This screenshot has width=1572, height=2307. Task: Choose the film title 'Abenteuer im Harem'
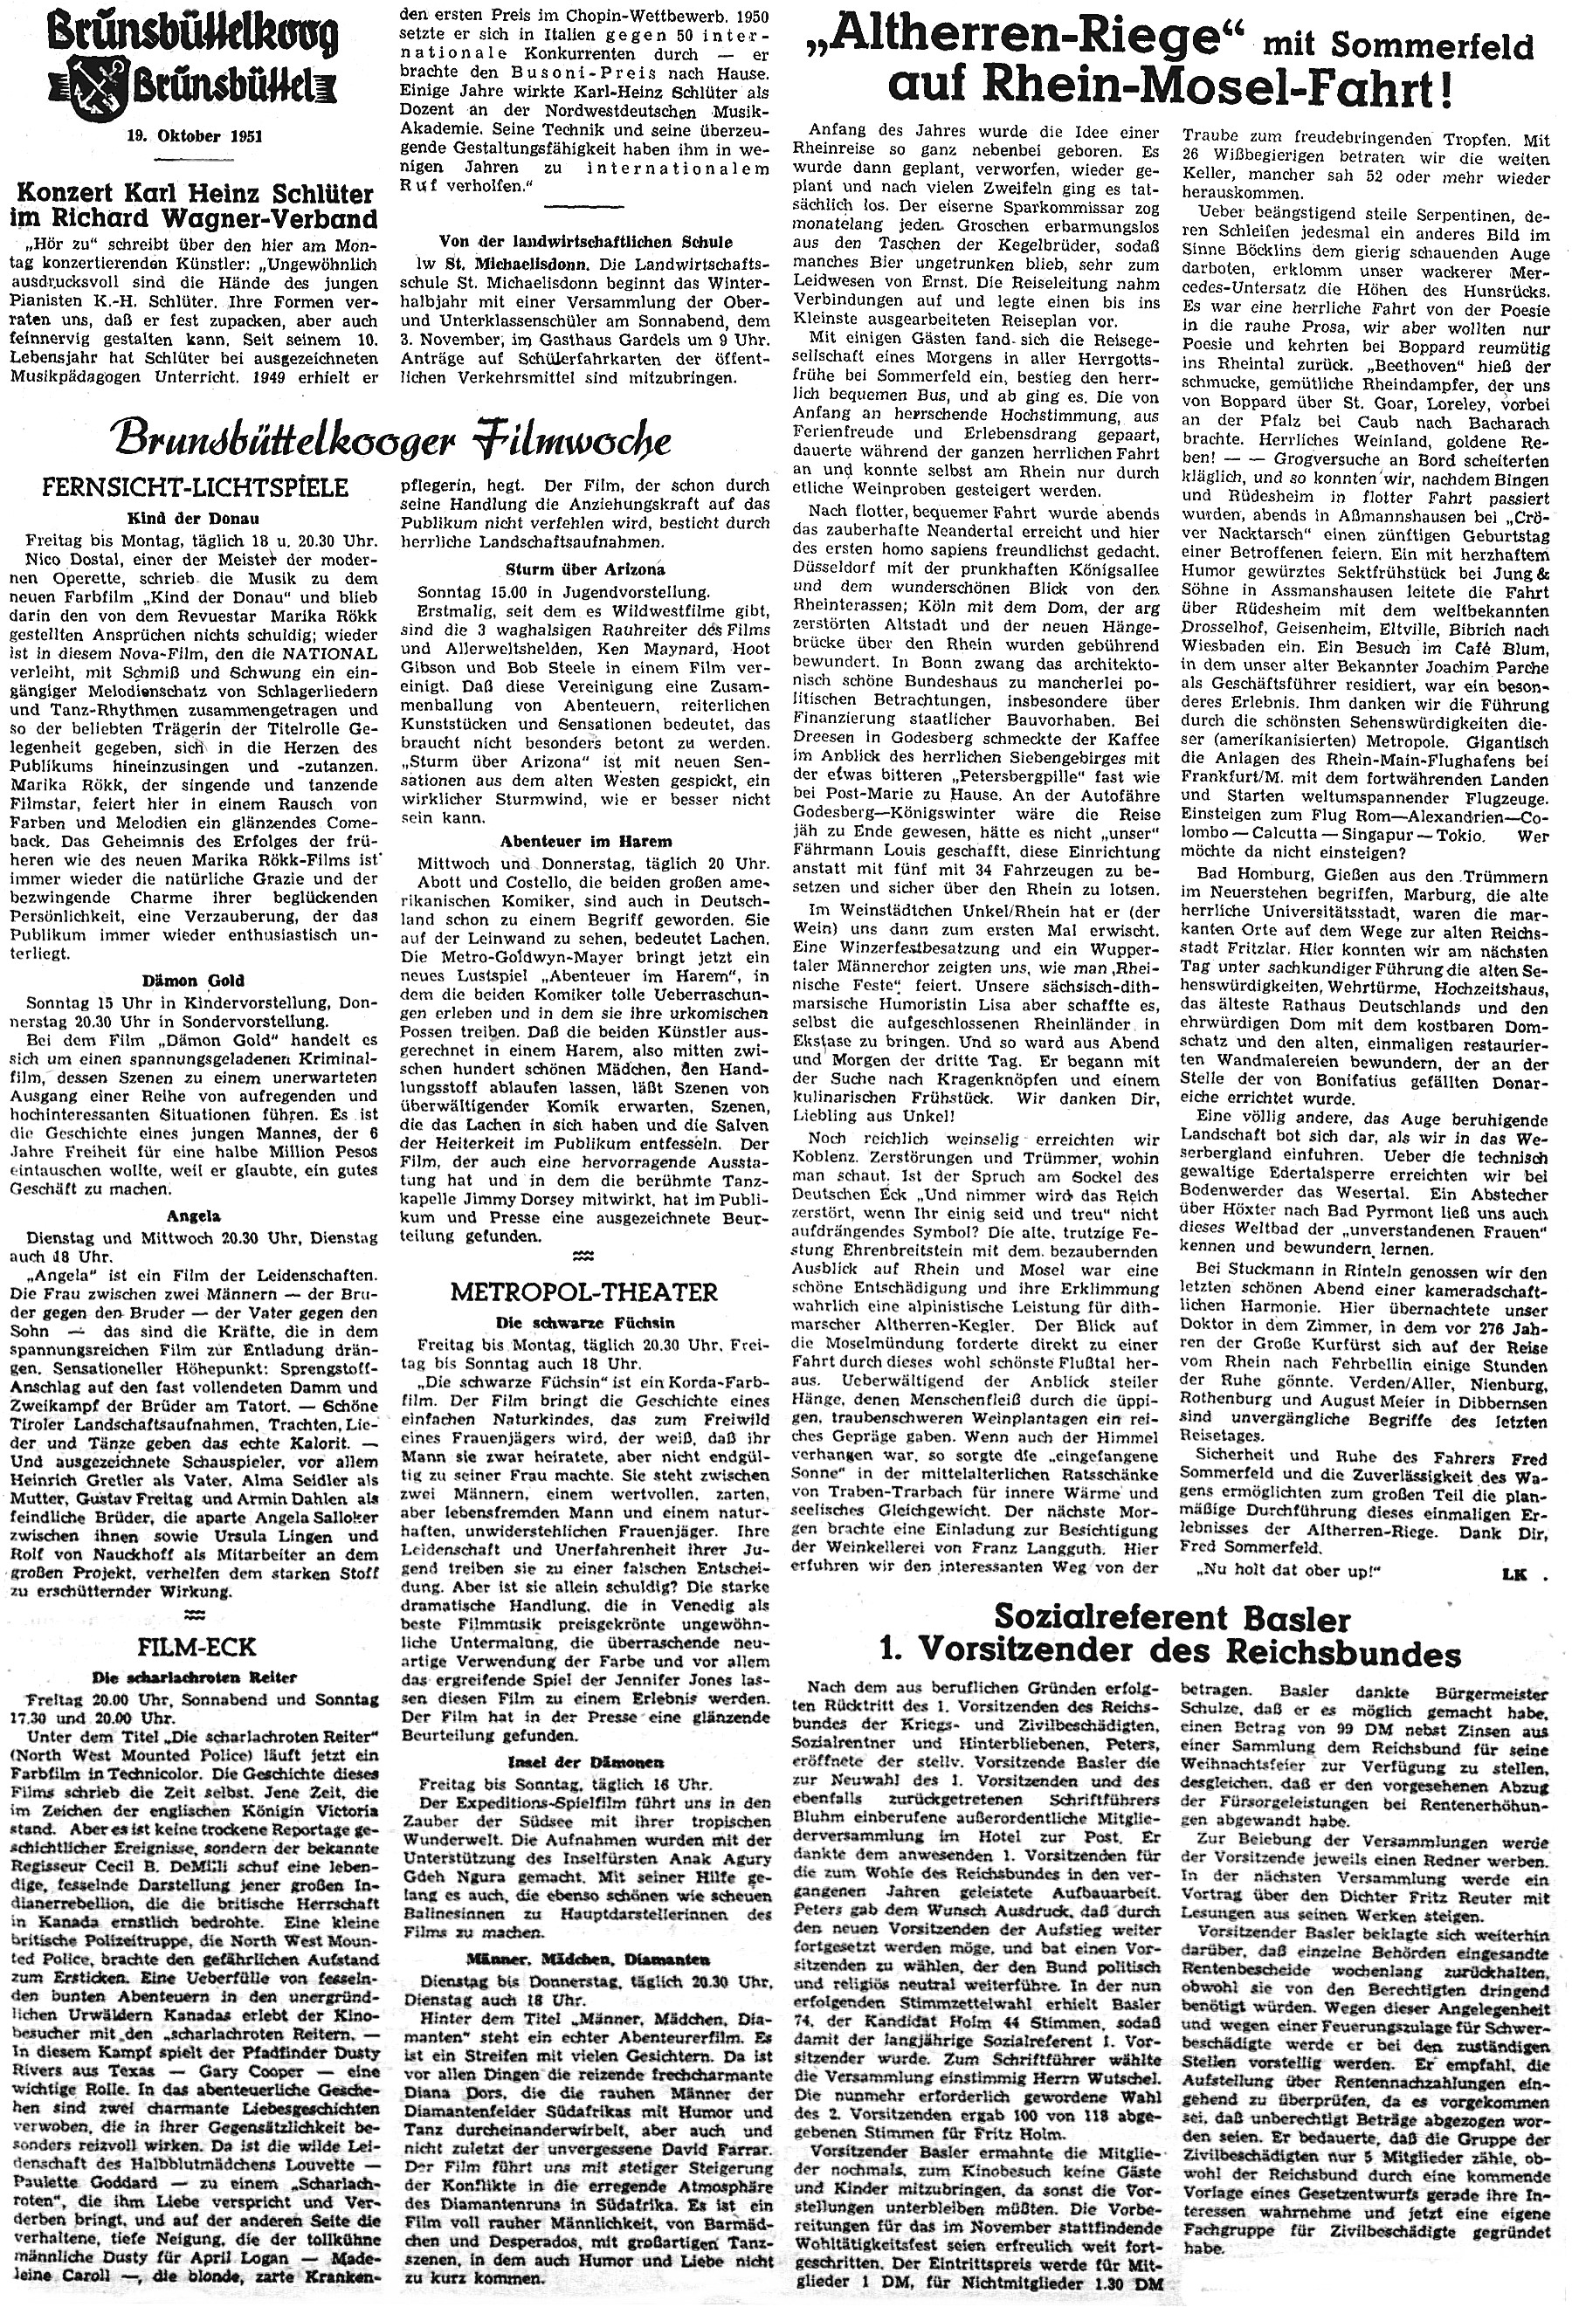tap(585, 842)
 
